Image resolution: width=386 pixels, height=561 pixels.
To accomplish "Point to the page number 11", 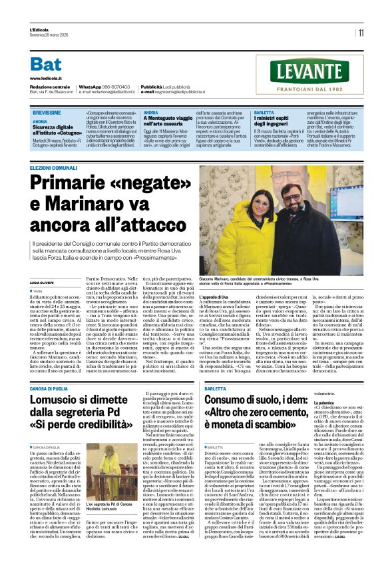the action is coord(361,32).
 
